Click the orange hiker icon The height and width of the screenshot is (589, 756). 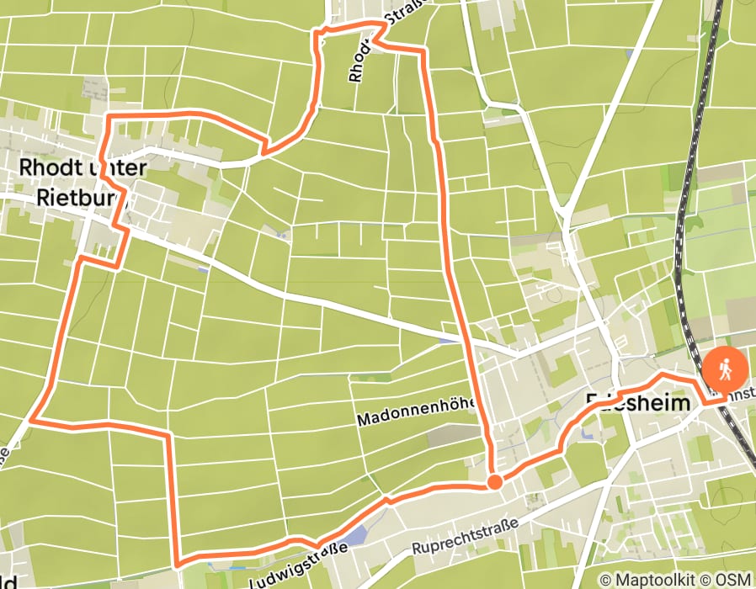coord(725,369)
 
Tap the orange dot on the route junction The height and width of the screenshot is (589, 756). coord(495,482)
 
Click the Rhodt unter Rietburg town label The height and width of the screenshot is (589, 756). coord(83,182)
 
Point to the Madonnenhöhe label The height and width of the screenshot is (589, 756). coord(416,412)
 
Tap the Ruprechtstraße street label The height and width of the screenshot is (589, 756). coord(462,538)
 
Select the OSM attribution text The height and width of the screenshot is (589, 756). coord(733,580)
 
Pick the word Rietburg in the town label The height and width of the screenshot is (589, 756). coord(81,197)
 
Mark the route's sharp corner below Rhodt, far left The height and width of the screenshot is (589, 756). coord(32,418)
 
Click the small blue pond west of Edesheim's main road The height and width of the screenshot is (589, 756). coord(445,341)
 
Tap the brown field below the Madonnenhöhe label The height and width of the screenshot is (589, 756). coord(455,435)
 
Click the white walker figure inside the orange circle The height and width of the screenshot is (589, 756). coord(725,369)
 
